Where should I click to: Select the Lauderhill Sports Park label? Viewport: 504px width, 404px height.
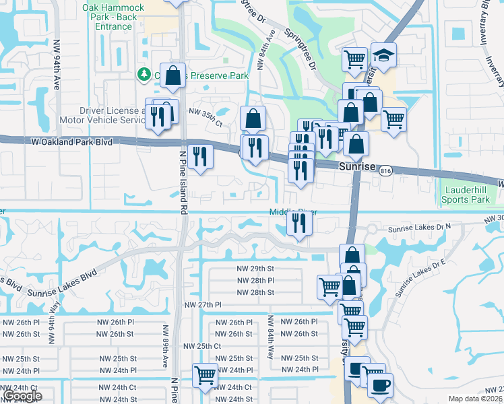tap(466, 195)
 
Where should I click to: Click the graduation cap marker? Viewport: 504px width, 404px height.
tap(384, 57)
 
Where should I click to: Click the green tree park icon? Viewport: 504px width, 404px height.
tap(143, 73)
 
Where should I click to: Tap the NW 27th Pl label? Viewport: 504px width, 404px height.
tap(203, 305)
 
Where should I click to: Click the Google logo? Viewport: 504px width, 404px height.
tap(23, 395)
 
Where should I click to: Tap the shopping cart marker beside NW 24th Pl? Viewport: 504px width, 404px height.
tap(205, 375)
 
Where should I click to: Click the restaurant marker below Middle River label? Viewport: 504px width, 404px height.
tap(299, 223)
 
